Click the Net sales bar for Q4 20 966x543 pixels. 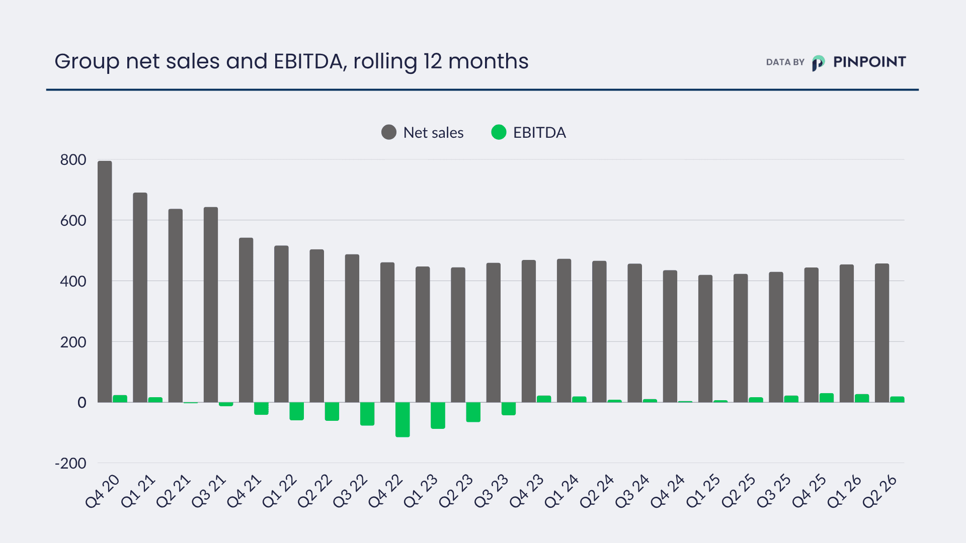click(x=105, y=282)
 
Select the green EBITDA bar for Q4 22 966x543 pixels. click(x=403, y=419)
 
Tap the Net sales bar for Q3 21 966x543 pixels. click(x=211, y=305)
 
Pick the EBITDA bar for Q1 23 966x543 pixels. click(x=438, y=415)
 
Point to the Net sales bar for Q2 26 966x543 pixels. click(x=882, y=333)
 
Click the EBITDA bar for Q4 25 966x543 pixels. click(x=827, y=398)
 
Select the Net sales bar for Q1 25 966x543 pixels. click(x=705, y=338)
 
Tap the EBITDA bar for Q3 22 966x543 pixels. click(x=367, y=414)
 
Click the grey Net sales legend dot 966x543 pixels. click(x=389, y=132)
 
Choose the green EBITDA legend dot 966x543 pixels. click(x=499, y=132)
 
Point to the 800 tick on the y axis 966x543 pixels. click(x=73, y=160)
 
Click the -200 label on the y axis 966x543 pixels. click(x=70, y=463)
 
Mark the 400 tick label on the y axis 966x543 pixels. click(x=73, y=281)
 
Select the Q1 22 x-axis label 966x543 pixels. click(x=280, y=491)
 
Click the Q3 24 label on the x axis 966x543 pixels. click(x=632, y=491)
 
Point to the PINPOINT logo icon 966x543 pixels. click(x=819, y=63)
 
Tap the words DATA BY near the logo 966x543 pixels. click(x=785, y=62)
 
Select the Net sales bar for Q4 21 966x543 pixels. click(x=246, y=320)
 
